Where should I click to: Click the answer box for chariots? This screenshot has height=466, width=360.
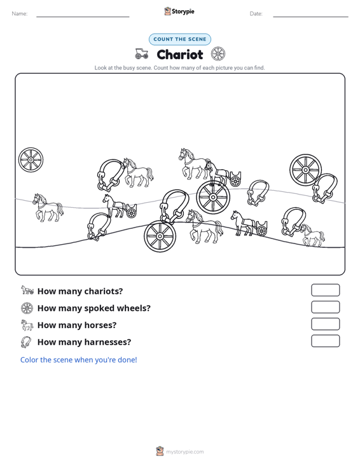click(325, 290)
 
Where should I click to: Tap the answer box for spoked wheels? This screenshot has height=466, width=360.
click(325, 307)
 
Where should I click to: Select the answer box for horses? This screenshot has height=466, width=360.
click(325, 324)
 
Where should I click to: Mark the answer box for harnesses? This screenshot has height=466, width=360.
click(325, 341)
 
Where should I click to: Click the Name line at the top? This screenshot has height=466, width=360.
click(83, 17)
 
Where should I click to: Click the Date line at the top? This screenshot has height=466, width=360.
click(310, 17)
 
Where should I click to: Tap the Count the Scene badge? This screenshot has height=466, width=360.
click(180, 39)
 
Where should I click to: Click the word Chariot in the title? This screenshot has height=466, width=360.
click(180, 55)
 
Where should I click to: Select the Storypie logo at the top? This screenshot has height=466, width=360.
click(179, 11)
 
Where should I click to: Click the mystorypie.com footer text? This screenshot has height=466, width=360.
click(184, 452)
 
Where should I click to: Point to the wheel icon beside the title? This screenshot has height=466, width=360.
click(218, 54)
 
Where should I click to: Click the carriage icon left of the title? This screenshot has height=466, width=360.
click(141, 54)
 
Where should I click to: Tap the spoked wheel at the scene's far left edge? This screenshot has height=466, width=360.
click(31, 160)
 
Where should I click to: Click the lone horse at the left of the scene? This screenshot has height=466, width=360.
click(48, 207)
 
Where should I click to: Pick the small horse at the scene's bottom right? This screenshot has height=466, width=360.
click(312, 235)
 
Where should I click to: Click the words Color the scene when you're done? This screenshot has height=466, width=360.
click(78, 360)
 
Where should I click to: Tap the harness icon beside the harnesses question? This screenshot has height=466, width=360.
click(26, 342)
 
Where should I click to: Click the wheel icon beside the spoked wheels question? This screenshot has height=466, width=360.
click(27, 308)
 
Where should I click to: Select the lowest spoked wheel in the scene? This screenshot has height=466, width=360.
click(160, 236)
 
